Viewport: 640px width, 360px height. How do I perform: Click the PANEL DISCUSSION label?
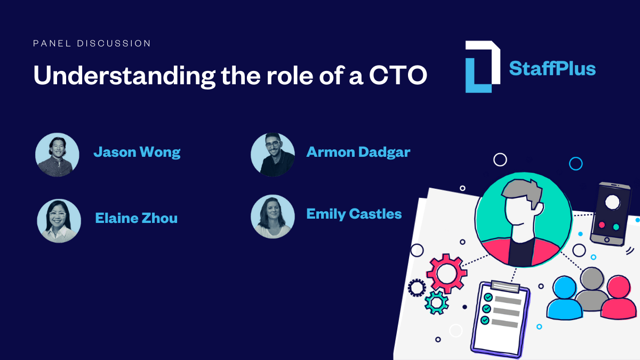(92, 43)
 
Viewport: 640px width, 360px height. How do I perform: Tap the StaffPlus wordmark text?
(552, 68)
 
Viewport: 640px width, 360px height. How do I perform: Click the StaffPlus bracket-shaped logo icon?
(482, 66)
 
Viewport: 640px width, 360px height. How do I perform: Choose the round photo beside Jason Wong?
(58, 155)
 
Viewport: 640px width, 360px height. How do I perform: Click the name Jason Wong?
(137, 153)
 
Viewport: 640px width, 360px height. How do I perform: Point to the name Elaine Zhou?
(136, 218)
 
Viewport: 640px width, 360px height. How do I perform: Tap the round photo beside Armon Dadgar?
(273, 154)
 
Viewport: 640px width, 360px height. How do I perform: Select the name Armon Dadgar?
(358, 152)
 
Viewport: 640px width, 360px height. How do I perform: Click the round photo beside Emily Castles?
(273, 216)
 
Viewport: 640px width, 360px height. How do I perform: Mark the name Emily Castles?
(354, 214)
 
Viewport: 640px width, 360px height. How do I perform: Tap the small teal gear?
(436, 302)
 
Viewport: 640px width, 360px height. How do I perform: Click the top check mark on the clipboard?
(487, 298)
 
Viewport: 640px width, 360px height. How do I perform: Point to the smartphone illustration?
(611, 213)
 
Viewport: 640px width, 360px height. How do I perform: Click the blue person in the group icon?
(565, 297)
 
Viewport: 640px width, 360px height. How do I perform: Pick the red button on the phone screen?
(602, 225)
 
